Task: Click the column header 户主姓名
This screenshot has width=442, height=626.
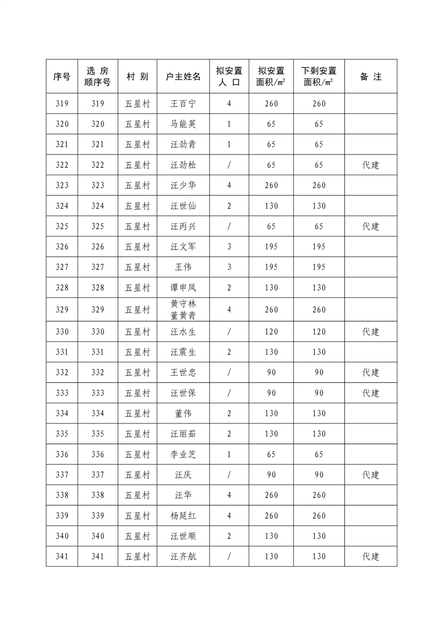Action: tap(183, 76)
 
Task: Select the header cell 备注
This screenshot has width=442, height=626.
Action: tap(371, 76)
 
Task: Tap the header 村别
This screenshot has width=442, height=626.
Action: tap(137, 76)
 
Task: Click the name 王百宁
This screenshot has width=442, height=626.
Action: tap(183, 104)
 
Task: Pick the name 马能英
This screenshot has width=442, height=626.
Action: tap(183, 124)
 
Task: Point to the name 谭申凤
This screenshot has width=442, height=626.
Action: tap(183, 288)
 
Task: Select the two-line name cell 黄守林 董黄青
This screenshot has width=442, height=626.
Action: tap(183, 310)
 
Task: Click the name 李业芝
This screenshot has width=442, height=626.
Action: tap(183, 454)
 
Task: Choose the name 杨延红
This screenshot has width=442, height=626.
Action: tap(183, 516)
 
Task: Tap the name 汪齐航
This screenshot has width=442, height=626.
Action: tap(183, 556)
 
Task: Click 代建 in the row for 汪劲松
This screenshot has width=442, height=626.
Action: tap(371, 165)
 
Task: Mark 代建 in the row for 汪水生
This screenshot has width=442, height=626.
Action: tap(371, 331)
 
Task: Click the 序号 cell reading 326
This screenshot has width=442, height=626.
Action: tap(62, 247)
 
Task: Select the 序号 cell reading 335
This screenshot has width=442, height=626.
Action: tap(62, 434)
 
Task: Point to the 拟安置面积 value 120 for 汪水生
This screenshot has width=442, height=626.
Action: tap(271, 331)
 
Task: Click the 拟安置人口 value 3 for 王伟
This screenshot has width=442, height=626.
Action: tap(229, 267)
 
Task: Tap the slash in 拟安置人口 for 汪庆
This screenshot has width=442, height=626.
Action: tap(229, 475)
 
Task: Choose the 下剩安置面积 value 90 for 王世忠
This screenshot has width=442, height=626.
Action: tap(319, 372)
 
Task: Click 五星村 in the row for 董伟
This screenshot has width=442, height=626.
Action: tap(137, 413)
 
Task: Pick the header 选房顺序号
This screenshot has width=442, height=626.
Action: tap(98, 76)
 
